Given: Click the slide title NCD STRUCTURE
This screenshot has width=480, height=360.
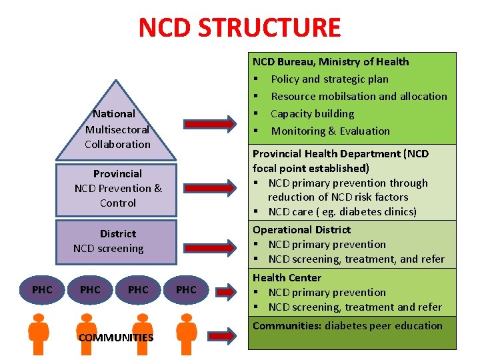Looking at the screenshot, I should pyautogui.click(x=239, y=28).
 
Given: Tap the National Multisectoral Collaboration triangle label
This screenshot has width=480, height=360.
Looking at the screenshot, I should pyautogui.click(x=117, y=129).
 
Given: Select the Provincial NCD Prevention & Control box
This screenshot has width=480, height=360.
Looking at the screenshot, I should pyautogui.click(x=118, y=188).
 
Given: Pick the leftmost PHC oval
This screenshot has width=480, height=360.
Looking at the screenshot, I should pyautogui.click(x=42, y=289).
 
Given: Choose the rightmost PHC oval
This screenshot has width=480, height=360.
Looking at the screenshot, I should pyautogui.click(x=186, y=289).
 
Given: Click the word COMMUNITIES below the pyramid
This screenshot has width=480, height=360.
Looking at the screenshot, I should pyautogui.click(x=116, y=337).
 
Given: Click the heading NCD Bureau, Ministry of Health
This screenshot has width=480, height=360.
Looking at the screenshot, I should pyautogui.click(x=331, y=62).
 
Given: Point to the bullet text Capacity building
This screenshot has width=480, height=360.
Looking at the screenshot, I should pyautogui.click(x=312, y=114).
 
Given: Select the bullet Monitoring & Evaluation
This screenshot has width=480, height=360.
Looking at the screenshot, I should pyautogui.click(x=330, y=131).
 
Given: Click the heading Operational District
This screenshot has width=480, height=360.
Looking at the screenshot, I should pyautogui.click(x=301, y=230).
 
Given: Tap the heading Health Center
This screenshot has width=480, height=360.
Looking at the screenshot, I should pyautogui.click(x=287, y=278).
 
